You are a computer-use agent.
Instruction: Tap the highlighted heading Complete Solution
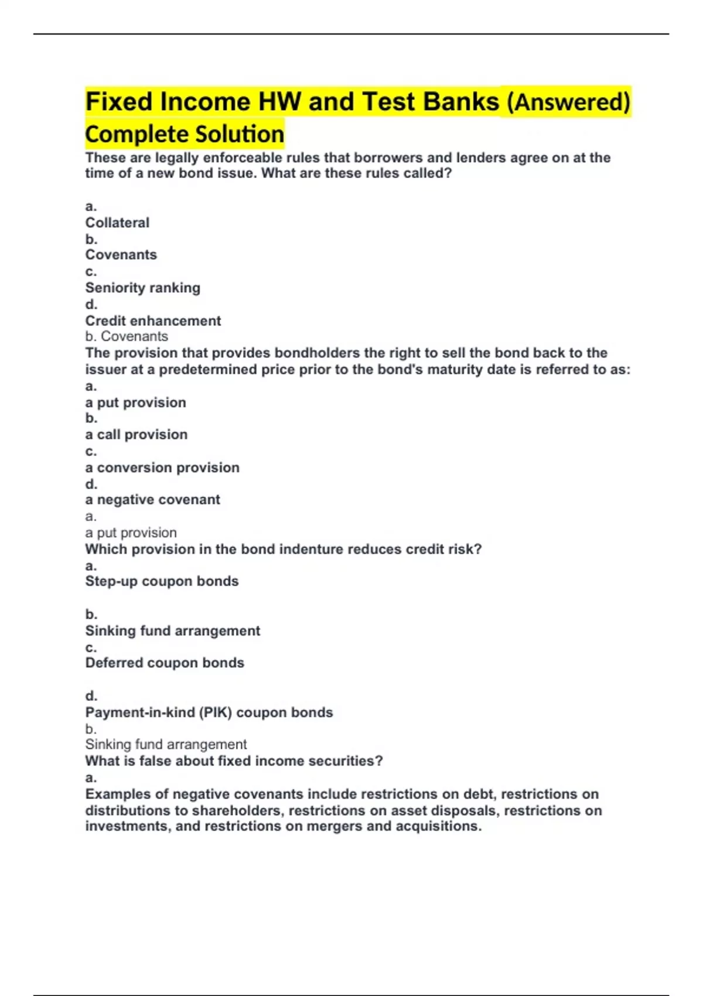coord(185,134)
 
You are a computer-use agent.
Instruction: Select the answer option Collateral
coord(117,223)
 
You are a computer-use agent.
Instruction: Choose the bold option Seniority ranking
coord(142,288)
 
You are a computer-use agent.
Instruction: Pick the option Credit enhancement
coord(153,320)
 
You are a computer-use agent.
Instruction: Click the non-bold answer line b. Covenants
coord(127,336)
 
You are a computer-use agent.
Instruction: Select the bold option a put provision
coord(135,403)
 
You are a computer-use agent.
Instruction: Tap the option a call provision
coord(136,435)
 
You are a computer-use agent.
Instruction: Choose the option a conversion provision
coord(162,468)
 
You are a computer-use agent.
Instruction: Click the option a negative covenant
coord(152,500)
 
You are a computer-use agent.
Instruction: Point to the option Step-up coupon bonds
coord(162,581)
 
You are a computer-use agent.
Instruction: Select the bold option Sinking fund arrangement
coord(172,631)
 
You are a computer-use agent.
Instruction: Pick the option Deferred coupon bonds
coord(165,663)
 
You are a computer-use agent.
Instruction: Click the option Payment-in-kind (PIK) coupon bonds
coord(209,712)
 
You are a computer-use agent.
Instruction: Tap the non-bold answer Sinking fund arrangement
coord(166,745)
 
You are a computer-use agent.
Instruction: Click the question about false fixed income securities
coord(234,761)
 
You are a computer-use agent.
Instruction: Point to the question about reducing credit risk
coord(283,550)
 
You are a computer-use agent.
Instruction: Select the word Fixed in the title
coord(119,102)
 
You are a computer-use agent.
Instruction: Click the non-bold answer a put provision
coord(131,533)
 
